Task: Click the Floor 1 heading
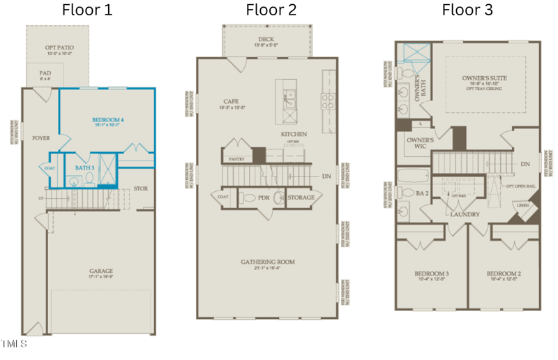point(86,10)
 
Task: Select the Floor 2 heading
point(271,10)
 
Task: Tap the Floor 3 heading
point(467,10)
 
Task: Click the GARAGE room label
point(101,271)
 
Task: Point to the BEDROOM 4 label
point(108,119)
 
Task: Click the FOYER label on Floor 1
point(41,138)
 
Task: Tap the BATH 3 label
point(85,167)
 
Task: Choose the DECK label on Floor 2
point(266,39)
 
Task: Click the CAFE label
point(231,102)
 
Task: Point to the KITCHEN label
point(294,133)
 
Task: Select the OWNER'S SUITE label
point(484,78)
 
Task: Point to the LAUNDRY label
point(466,213)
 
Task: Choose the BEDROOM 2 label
point(504,273)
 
